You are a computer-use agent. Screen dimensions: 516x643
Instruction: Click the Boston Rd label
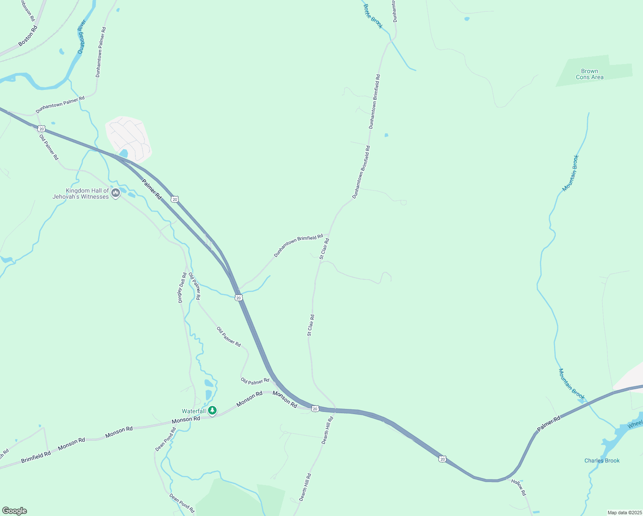(28, 36)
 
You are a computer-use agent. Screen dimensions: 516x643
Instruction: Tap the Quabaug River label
(82, 37)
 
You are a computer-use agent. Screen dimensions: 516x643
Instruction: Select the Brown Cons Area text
(589, 74)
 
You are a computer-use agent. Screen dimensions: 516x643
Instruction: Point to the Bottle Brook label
(373, 16)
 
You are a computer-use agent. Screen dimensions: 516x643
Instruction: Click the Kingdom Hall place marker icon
(115, 193)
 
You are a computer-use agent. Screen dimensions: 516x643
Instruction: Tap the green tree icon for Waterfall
(212, 411)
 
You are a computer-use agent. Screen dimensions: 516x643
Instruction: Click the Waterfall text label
(194, 412)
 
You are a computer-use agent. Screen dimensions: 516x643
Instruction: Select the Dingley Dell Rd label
(183, 288)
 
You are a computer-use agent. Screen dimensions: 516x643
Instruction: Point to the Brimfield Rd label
(36, 457)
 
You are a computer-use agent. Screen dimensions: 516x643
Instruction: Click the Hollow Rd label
(518, 487)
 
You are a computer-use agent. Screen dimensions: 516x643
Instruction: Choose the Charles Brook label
(602, 461)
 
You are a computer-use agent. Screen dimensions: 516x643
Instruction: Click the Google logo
(14, 511)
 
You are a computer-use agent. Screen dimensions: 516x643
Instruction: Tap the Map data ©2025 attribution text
(624, 513)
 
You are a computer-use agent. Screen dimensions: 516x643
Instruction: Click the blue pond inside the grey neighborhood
(124, 154)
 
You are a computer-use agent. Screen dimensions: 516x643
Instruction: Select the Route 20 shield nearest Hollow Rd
(442, 459)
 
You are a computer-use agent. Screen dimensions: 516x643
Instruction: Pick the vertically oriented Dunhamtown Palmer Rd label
(101, 52)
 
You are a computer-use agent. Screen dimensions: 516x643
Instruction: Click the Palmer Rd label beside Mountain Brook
(549, 424)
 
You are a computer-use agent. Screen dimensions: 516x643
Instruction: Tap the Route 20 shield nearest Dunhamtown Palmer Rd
(41, 129)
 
